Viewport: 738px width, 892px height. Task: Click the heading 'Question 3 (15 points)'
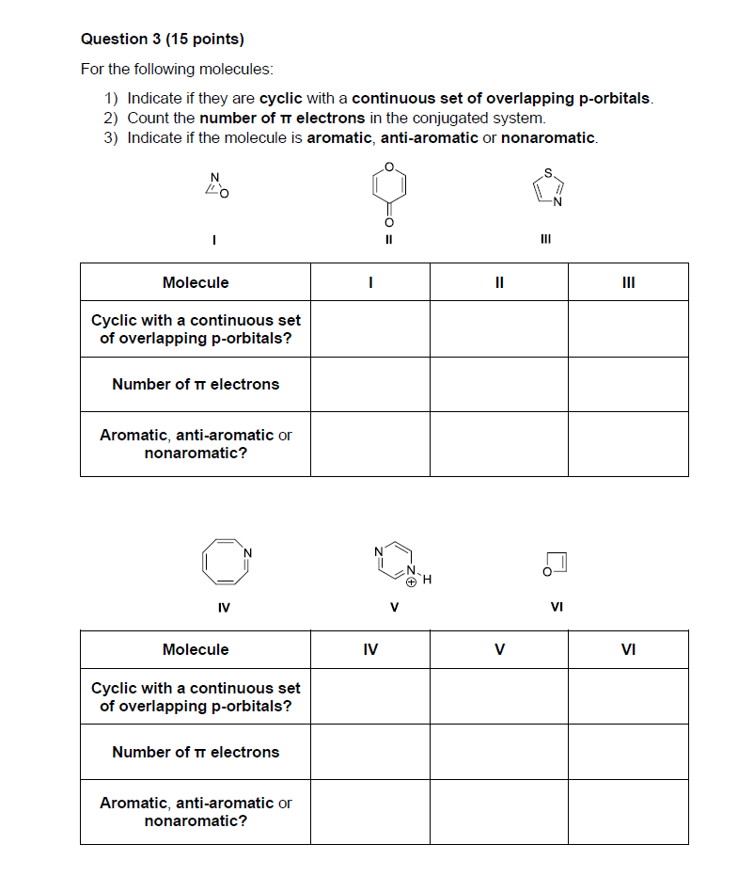pos(163,39)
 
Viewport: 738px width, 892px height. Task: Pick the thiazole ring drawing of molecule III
pos(546,189)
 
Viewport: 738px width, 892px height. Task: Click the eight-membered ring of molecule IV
pos(225,562)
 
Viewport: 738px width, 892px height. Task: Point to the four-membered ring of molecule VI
pos(557,564)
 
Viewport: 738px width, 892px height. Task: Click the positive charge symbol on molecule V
pos(411,581)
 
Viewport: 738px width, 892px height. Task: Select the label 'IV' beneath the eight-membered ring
pos(224,607)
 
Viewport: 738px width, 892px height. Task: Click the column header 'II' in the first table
pos(499,282)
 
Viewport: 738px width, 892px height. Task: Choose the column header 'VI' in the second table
pos(628,649)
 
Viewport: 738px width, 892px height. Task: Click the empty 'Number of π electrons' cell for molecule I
pos(370,384)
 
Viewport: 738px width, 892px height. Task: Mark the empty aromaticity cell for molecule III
pos(628,444)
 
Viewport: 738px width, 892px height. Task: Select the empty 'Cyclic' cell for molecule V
pos(499,696)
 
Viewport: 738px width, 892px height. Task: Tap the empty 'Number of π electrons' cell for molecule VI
pos(628,752)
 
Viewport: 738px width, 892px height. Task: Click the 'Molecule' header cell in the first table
pos(196,282)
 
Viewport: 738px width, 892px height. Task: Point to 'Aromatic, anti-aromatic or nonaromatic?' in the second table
pos(196,811)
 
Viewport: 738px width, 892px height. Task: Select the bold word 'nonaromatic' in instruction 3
pos(548,137)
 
